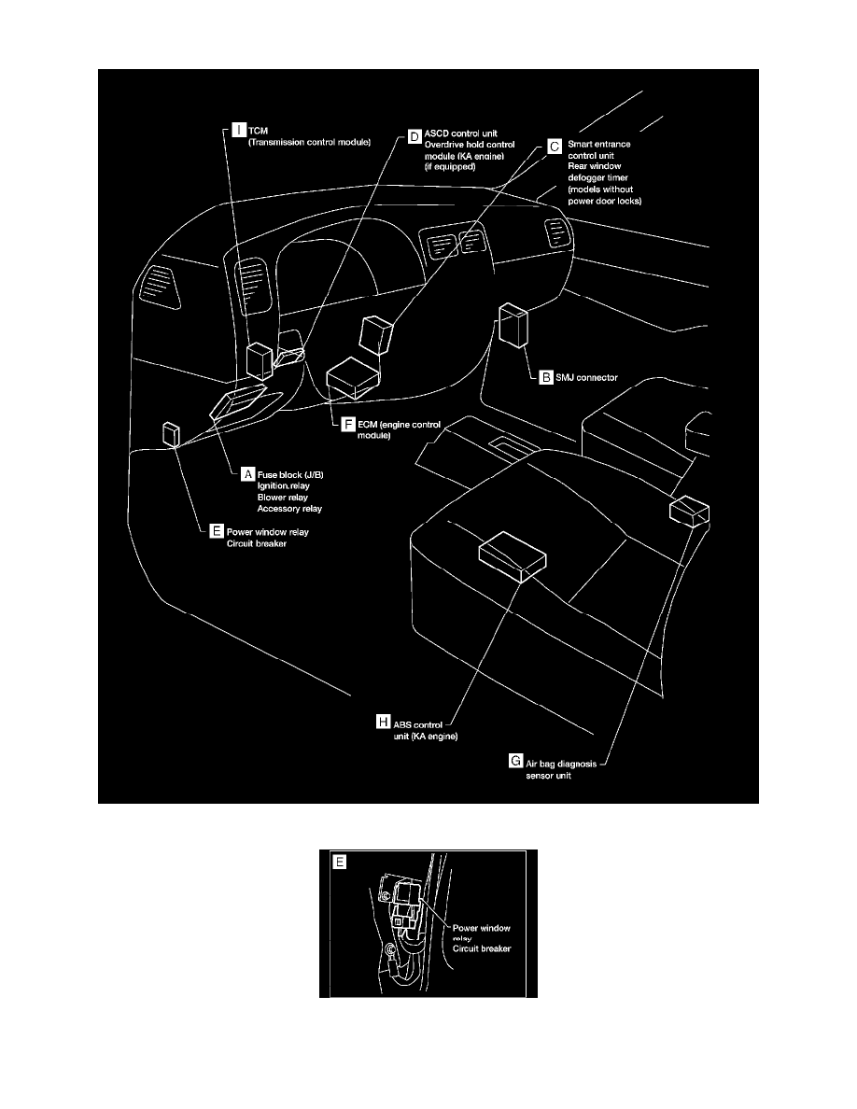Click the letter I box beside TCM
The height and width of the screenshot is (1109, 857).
pyautogui.click(x=239, y=130)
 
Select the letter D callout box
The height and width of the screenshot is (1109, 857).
pyautogui.click(x=414, y=136)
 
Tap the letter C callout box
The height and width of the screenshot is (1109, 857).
pyautogui.click(x=555, y=147)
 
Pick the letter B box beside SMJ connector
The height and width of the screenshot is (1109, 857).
pyautogui.click(x=546, y=378)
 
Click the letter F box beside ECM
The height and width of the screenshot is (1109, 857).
pyautogui.click(x=348, y=425)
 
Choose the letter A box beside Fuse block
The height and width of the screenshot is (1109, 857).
pyautogui.click(x=247, y=474)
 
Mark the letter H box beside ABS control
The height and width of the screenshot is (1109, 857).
pyautogui.click(x=384, y=723)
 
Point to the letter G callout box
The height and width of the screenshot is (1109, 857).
pyautogui.click(x=515, y=761)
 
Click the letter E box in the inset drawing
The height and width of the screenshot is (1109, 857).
pyautogui.click(x=340, y=863)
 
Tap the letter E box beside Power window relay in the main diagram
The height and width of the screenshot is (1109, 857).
pyautogui.click(x=217, y=531)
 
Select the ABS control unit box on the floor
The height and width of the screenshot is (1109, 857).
pyautogui.click(x=512, y=556)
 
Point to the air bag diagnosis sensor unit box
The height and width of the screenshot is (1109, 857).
pyautogui.click(x=689, y=511)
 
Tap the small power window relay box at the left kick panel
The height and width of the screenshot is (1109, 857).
pyautogui.click(x=171, y=434)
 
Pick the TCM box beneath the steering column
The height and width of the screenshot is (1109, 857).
pyautogui.click(x=260, y=361)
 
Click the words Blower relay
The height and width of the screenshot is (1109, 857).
pyautogui.click(x=282, y=498)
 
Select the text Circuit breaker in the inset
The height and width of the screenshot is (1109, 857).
pyautogui.click(x=482, y=948)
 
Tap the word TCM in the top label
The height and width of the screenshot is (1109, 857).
pyautogui.click(x=258, y=131)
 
